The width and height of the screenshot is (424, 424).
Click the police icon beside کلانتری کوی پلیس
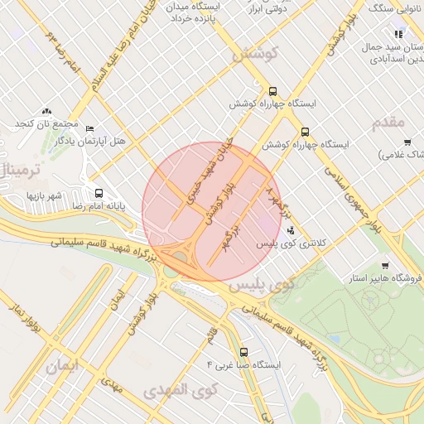pyautogui.click(x=290, y=230)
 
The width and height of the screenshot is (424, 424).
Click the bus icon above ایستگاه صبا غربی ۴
pyautogui.click(x=243, y=350)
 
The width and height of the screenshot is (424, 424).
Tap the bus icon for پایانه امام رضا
pyautogui.click(x=99, y=192)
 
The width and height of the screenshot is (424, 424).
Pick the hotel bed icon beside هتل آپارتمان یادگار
pyautogui.click(x=89, y=129)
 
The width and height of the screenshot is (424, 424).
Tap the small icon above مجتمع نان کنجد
pyautogui.click(x=46, y=111)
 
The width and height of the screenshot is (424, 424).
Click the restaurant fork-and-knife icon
pyautogui.click(x=398, y=35)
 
